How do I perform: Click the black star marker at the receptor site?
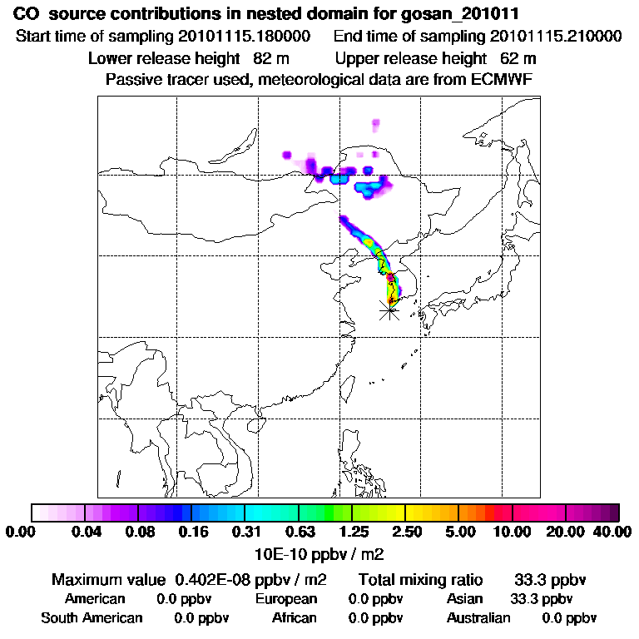coord(389,310)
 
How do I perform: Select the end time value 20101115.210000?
coord(557,37)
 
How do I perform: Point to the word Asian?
coord(465,599)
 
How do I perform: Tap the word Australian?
coord(478,618)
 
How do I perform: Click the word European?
coord(286,599)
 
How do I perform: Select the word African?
coord(295,618)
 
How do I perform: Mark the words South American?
coord(92,618)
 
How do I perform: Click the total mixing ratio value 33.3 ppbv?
coord(547,579)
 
